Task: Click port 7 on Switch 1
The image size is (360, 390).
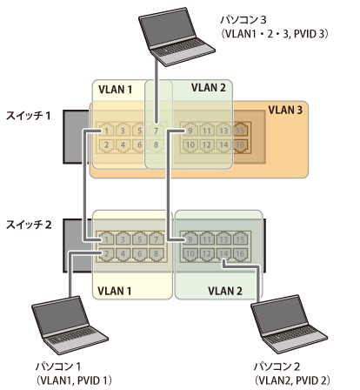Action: pyautogui.click(x=156, y=131)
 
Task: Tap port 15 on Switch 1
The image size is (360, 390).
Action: pyautogui.click(x=240, y=131)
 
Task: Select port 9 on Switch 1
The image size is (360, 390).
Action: pyautogui.click(x=190, y=131)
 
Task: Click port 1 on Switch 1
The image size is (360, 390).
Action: pyautogui.click(x=106, y=131)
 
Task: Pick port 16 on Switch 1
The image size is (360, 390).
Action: pyautogui.click(x=240, y=145)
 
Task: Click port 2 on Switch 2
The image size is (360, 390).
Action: pyautogui.click(x=106, y=254)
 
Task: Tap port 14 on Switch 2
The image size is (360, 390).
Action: pyautogui.click(x=223, y=254)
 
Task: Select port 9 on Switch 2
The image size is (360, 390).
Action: pyautogui.click(x=190, y=239)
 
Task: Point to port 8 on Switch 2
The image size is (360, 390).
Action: pyautogui.click(x=156, y=254)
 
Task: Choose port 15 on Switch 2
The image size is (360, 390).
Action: pyautogui.click(x=240, y=239)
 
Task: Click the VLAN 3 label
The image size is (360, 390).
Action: pyautogui.click(x=285, y=110)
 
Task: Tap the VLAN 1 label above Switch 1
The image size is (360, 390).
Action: pyautogui.click(x=115, y=90)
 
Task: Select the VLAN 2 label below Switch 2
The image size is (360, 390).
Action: pyautogui.click(x=225, y=291)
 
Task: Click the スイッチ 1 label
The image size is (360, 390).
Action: pyautogui.click(x=29, y=116)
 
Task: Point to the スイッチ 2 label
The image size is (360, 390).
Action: pyautogui.click(x=29, y=225)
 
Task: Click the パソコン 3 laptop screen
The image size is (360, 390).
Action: pyautogui.click(x=168, y=28)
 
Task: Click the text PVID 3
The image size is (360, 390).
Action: pyautogui.click(x=309, y=34)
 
